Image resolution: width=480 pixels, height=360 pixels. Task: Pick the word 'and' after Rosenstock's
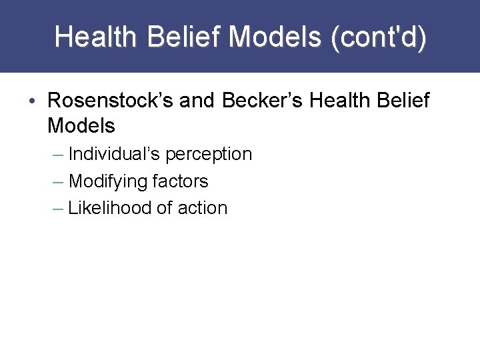pos(197,101)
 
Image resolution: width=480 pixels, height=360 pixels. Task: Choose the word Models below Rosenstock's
pos(81,125)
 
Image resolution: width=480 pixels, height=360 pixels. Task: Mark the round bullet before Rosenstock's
pos(33,101)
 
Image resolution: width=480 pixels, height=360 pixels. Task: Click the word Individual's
pos(115,154)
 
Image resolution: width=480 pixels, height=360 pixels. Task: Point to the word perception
pos(209,154)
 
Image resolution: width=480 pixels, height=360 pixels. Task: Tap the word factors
pos(181,181)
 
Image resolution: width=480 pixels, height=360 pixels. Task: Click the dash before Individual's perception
pos(58,155)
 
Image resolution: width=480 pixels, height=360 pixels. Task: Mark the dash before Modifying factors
pos(58,181)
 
